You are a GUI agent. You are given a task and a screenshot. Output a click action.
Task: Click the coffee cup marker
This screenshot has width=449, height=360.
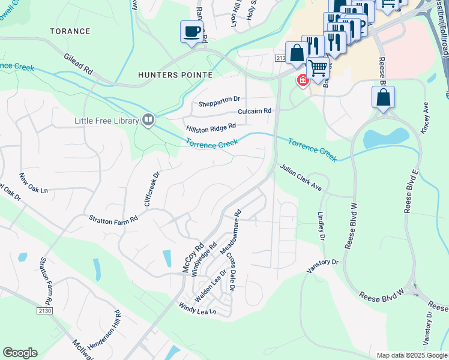[x=191, y=31]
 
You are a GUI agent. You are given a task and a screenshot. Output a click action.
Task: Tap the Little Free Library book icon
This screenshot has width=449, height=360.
[x=148, y=120]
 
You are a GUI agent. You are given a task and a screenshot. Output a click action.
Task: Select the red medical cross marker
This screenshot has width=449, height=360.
[x=303, y=80]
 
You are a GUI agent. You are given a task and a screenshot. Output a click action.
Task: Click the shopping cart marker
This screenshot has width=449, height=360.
[x=318, y=67]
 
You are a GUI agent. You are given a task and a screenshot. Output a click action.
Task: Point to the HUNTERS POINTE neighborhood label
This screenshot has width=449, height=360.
[x=175, y=75]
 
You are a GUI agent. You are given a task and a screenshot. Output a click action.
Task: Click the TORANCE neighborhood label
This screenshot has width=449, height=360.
[x=70, y=31]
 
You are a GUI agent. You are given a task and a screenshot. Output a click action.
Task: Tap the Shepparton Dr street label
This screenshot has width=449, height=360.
[x=220, y=99]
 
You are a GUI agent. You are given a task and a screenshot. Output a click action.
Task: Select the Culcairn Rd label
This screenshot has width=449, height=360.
[x=255, y=111]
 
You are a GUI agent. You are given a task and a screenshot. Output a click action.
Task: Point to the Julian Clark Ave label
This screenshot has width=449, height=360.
[x=300, y=178]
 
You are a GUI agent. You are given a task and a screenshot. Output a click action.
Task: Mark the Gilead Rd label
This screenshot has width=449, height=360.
[x=79, y=63]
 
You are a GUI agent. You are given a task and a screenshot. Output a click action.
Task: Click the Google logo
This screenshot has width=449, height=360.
[x=20, y=353]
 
